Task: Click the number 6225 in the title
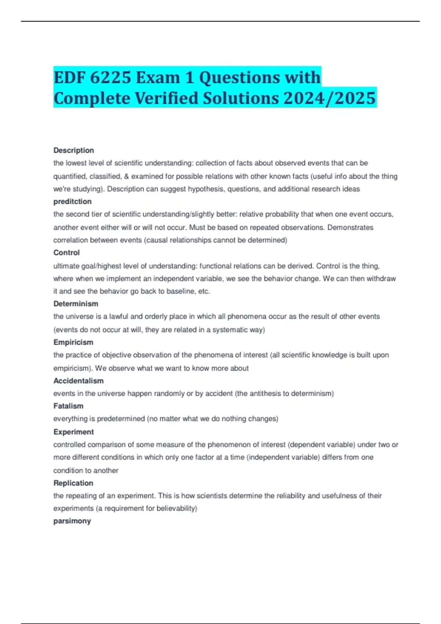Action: coord(110,77)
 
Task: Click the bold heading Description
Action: coord(73,150)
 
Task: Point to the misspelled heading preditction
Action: coord(72,202)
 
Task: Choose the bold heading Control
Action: coord(67,253)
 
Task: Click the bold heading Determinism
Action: coord(76,304)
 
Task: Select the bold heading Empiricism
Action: coord(73,342)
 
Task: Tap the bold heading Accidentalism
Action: coord(78,381)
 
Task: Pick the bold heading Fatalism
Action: coord(68,406)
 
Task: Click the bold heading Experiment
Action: coord(73,432)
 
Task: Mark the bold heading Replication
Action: coord(73,483)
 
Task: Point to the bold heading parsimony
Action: coord(72,521)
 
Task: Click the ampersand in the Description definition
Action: coord(126,176)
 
